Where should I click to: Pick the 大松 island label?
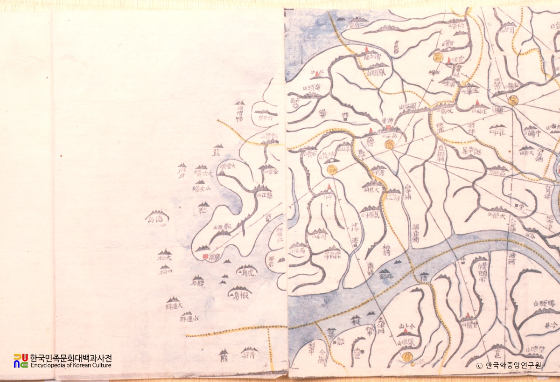(x=164, y=257)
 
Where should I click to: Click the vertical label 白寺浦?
(x=408, y=192)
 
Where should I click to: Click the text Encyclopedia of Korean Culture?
(x=71, y=365)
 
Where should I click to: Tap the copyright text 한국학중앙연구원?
(x=513, y=366)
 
